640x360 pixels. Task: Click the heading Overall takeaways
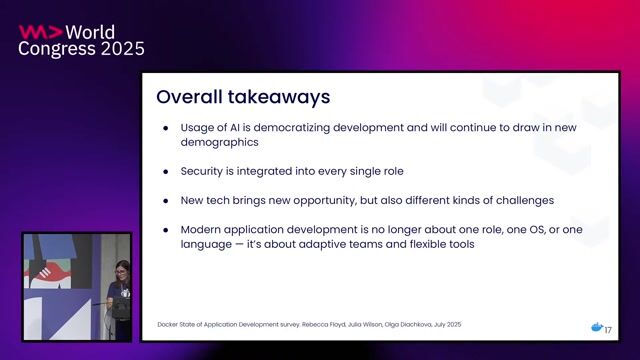(243, 98)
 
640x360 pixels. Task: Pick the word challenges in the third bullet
(519, 200)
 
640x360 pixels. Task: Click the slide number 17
(608, 330)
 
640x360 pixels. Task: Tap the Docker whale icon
(597, 328)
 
